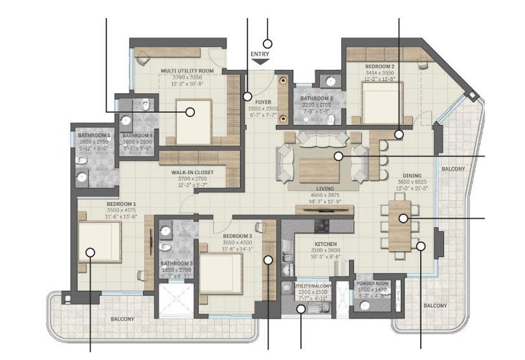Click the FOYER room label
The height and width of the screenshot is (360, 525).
[263, 102]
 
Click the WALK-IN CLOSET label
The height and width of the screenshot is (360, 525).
[192, 172]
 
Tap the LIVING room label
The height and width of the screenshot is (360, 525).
[324, 188]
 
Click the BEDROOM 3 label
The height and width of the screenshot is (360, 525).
[237, 235]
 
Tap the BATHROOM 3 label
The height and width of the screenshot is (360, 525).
[177, 264]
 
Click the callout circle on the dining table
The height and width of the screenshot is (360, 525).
[403, 218]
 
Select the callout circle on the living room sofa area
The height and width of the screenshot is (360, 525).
[337, 156]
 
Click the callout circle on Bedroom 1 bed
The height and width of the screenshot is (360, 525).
[91, 253]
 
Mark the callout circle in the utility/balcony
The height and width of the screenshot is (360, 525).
[302, 309]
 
